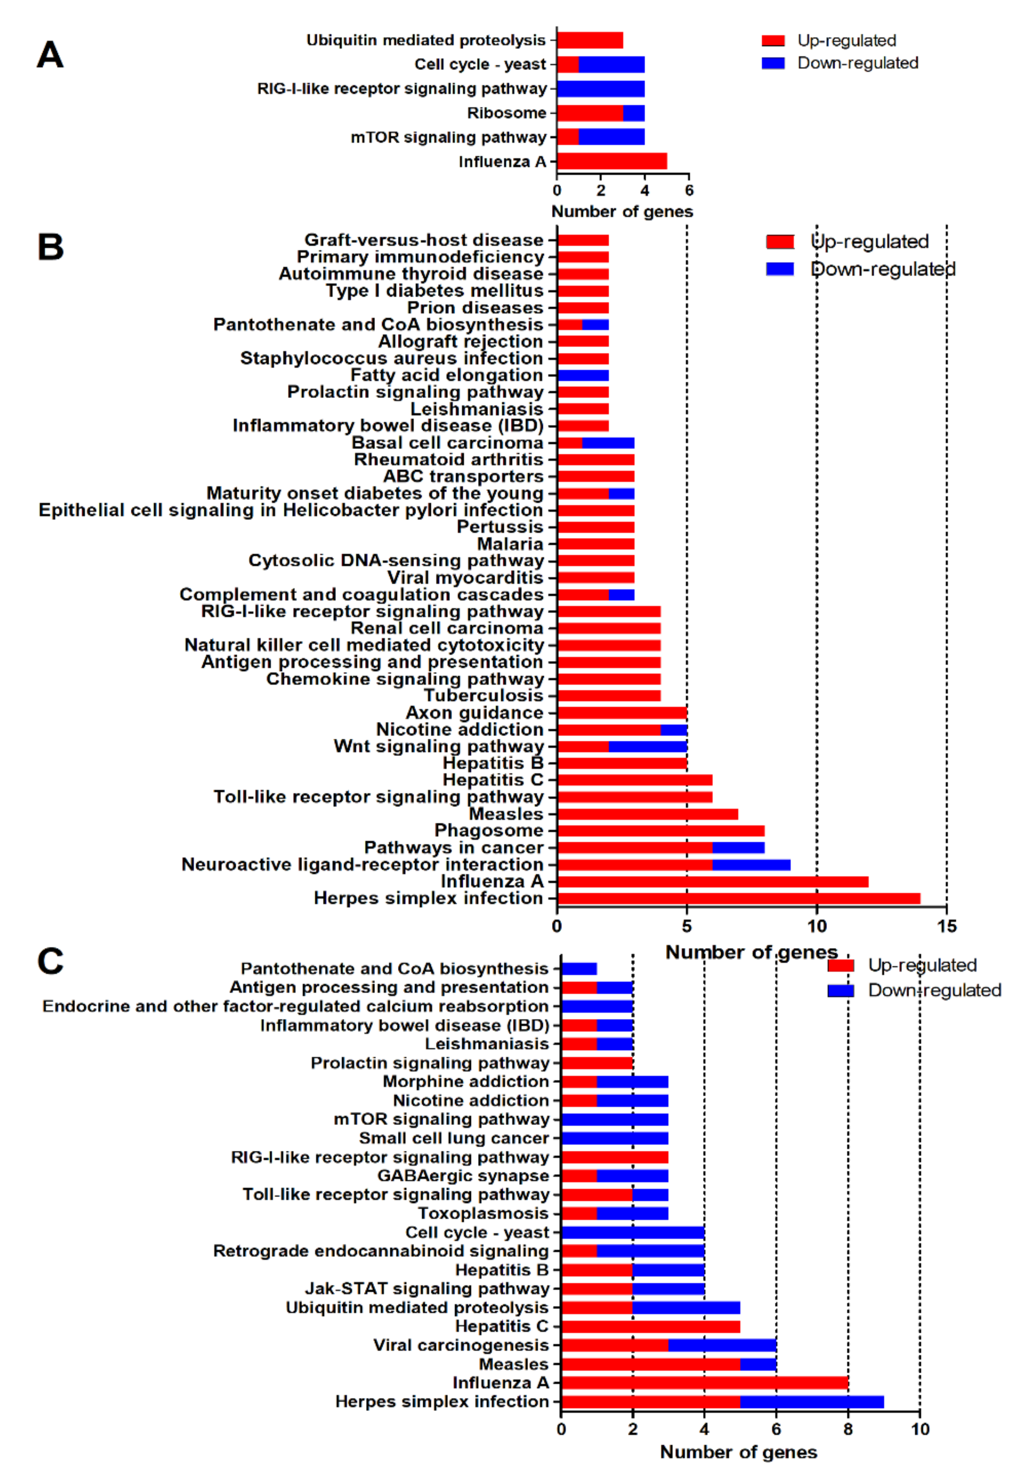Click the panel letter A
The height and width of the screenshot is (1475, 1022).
[x=50, y=55]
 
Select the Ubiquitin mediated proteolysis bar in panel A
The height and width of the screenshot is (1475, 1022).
[x=590, y=40]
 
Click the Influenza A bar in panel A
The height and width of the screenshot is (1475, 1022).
[x=612, y=162]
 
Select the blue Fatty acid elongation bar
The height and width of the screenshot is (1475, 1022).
[x=583, y=375]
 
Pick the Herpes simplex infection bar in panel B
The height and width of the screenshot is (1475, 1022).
[x=738, y=899]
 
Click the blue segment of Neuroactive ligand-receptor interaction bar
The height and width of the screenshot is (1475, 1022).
[x=751, y=865]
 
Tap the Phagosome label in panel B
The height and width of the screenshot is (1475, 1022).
[x=489, y=831]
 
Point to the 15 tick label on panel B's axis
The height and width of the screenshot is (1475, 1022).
[x=946, y=926]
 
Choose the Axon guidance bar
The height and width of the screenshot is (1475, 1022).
[x=622, y=713]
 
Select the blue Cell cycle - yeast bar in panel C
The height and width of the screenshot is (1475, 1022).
[x=633, y=1232]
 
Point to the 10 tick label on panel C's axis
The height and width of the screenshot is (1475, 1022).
[x=919, y=1430]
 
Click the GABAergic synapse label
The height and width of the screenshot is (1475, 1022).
[x=463, y=1176]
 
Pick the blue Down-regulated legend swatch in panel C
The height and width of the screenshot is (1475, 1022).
[x=840, y=991]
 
